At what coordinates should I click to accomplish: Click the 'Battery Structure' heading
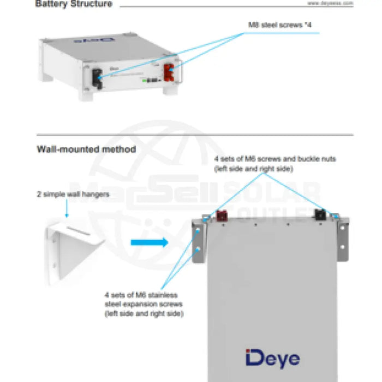[74, 4]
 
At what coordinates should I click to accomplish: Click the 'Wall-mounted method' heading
[86, 149]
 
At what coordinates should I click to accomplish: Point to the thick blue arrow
[150, 242]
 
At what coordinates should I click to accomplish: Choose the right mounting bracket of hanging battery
[343, 240]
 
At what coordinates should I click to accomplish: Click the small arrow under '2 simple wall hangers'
[67, 208]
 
